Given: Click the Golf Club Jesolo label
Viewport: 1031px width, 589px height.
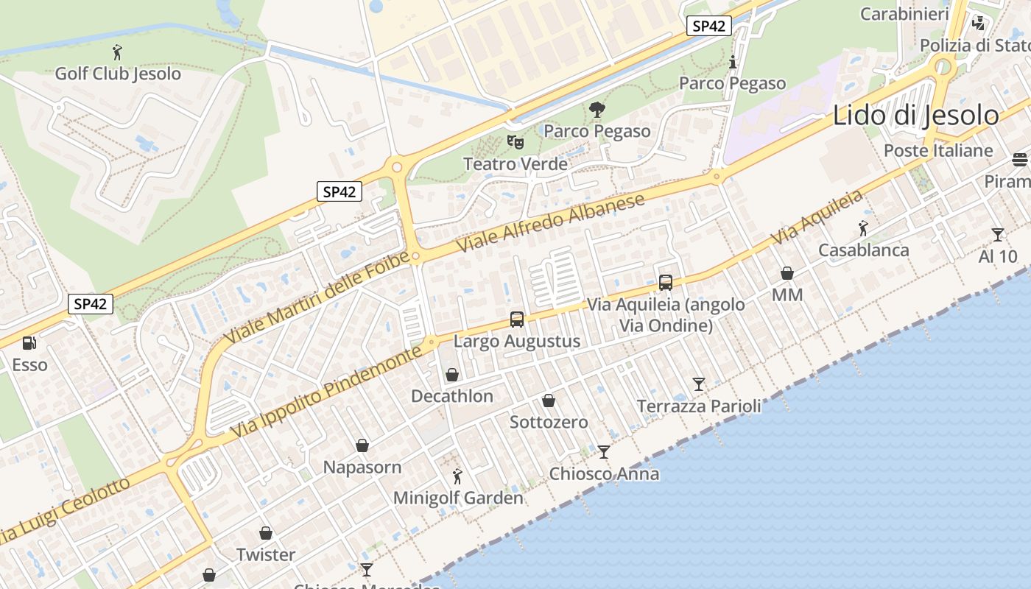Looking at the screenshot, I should point(118,74).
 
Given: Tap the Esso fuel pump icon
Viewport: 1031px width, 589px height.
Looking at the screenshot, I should point(29,343).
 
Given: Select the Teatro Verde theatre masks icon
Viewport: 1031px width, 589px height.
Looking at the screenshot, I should point(515,141).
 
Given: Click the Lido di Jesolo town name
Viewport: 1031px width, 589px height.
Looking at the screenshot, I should point(916,116).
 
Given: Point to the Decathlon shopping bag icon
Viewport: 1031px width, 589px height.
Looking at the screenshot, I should point(452,375).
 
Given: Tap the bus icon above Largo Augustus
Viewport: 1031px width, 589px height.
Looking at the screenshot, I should point(517,320).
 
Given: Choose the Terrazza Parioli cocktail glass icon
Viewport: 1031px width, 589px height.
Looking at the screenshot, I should point(699,384).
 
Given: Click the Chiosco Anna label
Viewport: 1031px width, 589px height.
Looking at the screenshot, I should point(604,473).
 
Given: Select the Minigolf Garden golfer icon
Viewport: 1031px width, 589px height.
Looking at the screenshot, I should point(457,476).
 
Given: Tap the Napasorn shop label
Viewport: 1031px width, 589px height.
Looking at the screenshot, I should point(362,468).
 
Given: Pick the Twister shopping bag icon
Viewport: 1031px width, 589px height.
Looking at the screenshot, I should point(266,533).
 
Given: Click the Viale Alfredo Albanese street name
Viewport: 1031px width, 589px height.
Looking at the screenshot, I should point(551,222).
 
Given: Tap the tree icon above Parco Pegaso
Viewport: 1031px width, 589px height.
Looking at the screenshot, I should point(597,110).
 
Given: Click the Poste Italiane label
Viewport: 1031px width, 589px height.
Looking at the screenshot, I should point(938,151).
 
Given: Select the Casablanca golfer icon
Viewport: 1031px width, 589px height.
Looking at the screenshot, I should point(863,229).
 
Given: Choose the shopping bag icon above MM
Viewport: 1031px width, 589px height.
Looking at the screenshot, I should point(787,274).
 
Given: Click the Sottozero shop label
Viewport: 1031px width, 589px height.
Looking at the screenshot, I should point(549,423).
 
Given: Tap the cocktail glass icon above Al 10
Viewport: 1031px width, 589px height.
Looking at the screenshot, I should point(998,235).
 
